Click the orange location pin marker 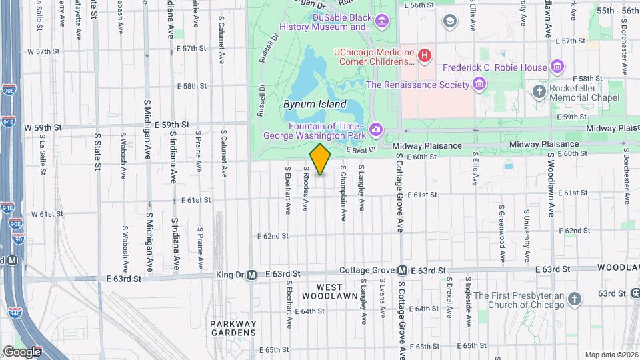pos(320,159)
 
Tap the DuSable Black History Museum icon pos(382,21)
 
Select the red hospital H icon pos(424,55)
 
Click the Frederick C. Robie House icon pos(557,67)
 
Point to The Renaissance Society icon pos(479,84)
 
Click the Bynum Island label pos(315,104)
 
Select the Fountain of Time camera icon pos(376,129)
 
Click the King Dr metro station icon pos(252,275)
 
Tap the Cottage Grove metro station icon pos(403,271)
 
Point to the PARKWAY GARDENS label pos(233,327)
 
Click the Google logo pos(21,351)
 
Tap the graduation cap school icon pos(450,21)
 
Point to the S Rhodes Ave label pos(306,189)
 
